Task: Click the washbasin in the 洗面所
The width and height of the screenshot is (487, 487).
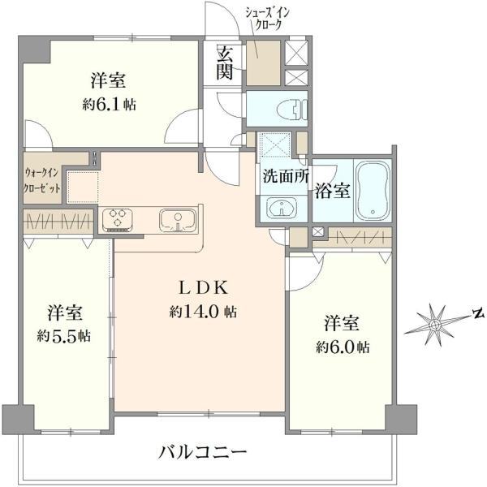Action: pos(281,208)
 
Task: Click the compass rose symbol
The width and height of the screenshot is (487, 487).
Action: pos(436,324)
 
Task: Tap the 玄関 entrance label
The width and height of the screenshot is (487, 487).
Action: pos(226,62)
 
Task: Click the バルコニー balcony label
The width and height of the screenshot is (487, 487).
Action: pos(201,450)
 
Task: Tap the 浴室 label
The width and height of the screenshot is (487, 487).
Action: pos(332,192)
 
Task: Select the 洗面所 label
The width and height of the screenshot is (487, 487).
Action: pos(283,175)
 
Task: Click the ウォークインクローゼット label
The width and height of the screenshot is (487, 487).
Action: pos(43,178)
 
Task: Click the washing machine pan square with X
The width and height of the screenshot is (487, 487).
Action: pos(276,149)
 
